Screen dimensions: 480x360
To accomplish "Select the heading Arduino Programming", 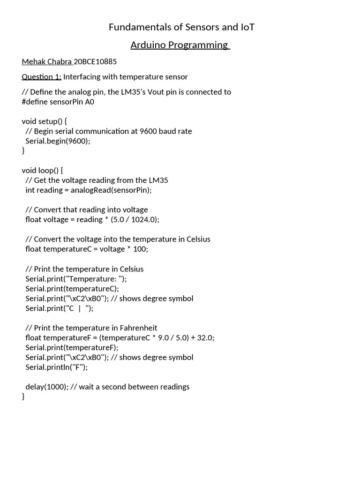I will coord(180,45).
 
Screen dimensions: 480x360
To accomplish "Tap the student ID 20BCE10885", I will coord(95,61).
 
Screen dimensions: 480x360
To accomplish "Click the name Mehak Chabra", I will coord(47,61).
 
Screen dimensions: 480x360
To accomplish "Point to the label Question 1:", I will coord(41,76).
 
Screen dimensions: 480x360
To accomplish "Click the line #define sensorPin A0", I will coord(58,101).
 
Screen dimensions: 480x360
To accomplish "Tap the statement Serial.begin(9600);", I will coord(58,141).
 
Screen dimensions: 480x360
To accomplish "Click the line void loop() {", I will coord(45,170).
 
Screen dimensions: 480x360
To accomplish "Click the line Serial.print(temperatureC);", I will coord(72,288).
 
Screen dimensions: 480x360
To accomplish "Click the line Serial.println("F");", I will coord(57,367).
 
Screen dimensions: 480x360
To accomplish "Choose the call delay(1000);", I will coord(47,387).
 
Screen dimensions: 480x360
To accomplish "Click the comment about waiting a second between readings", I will coord(130,387).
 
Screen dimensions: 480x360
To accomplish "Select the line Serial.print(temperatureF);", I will coord(72,347).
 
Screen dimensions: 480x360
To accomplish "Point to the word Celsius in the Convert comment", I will coord(197,239).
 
